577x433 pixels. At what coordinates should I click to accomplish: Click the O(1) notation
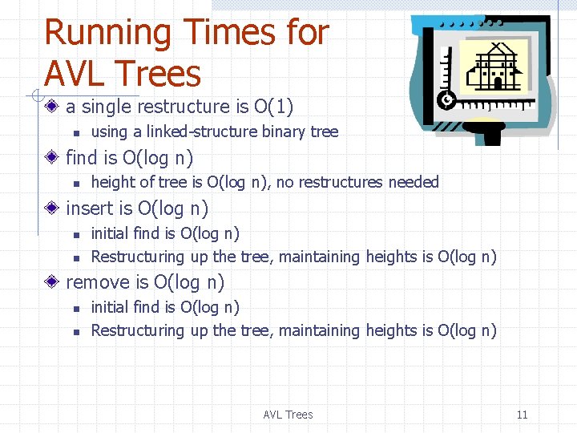(273, 107)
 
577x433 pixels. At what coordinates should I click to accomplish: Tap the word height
(114, 182)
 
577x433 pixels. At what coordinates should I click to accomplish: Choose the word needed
(414, 182)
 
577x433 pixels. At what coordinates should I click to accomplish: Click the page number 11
(522, 415)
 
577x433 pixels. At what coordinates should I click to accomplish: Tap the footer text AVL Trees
(288, 415)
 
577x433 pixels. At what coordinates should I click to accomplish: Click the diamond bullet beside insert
(52, 208)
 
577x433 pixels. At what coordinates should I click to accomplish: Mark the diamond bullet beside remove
(52, 282)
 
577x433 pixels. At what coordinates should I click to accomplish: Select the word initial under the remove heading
(110, 307)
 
